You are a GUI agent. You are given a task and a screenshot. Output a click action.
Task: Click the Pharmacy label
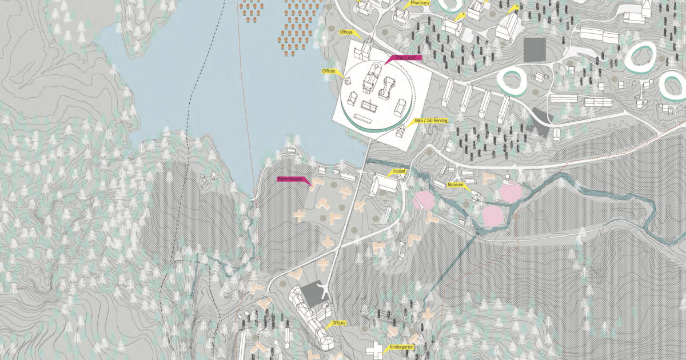[420, 3]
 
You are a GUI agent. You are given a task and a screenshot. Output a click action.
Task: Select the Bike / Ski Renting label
[431, 121]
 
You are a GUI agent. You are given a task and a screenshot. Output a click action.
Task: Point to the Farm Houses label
[291, 179]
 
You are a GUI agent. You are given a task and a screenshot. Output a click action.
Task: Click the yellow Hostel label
[398, 172]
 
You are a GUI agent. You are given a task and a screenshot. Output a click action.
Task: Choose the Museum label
[455, 185]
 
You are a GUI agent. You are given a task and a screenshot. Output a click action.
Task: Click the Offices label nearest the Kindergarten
[338, 323]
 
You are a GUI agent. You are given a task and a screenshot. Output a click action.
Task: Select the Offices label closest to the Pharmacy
[346, 33]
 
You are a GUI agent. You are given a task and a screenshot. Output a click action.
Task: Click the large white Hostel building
[384, 185]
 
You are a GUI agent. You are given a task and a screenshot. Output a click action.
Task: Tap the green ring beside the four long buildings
[512, 82]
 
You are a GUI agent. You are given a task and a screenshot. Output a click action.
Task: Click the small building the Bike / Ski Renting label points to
[401, 131]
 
